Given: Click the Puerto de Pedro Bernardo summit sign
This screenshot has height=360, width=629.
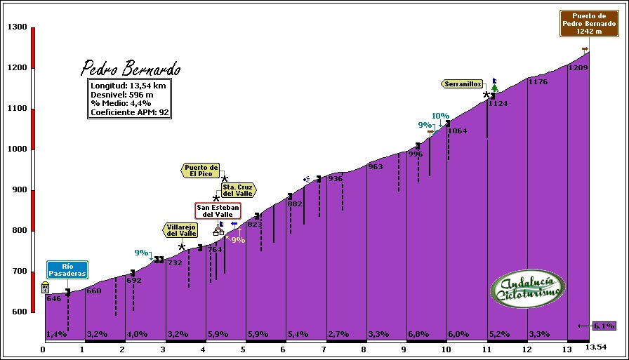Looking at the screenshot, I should click(589, 23).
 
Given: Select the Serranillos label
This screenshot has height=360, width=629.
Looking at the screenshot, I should click(463, 84).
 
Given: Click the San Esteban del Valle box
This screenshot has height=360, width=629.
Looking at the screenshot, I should click(218, 210).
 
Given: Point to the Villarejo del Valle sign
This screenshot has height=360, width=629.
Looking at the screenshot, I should click(181, 230).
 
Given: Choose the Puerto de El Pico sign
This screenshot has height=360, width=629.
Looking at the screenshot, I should click(201, 171).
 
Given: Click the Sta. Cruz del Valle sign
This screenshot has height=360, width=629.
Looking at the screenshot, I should click(237, 189).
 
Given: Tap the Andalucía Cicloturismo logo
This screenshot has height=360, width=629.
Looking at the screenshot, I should click(527, 288).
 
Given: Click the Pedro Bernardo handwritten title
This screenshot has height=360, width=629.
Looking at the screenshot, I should click(131, 69).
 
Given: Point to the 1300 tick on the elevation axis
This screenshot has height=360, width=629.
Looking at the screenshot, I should click(18, 27).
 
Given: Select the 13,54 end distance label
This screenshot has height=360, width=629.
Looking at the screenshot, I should click(596, 347).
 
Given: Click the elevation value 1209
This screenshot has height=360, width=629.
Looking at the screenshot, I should click(578, 68).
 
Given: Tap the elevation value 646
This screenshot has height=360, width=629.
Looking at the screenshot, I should click(54, 299).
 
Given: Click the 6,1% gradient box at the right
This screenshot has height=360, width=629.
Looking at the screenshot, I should click(604, 326).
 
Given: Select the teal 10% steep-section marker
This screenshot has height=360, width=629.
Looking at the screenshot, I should click(440, 116).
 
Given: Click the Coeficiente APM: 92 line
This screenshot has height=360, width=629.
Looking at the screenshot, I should click(130, 112).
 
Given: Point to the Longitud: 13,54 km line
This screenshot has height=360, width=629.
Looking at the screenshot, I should click(128, 86).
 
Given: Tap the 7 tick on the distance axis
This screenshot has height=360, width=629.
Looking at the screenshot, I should click(324, 348).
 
